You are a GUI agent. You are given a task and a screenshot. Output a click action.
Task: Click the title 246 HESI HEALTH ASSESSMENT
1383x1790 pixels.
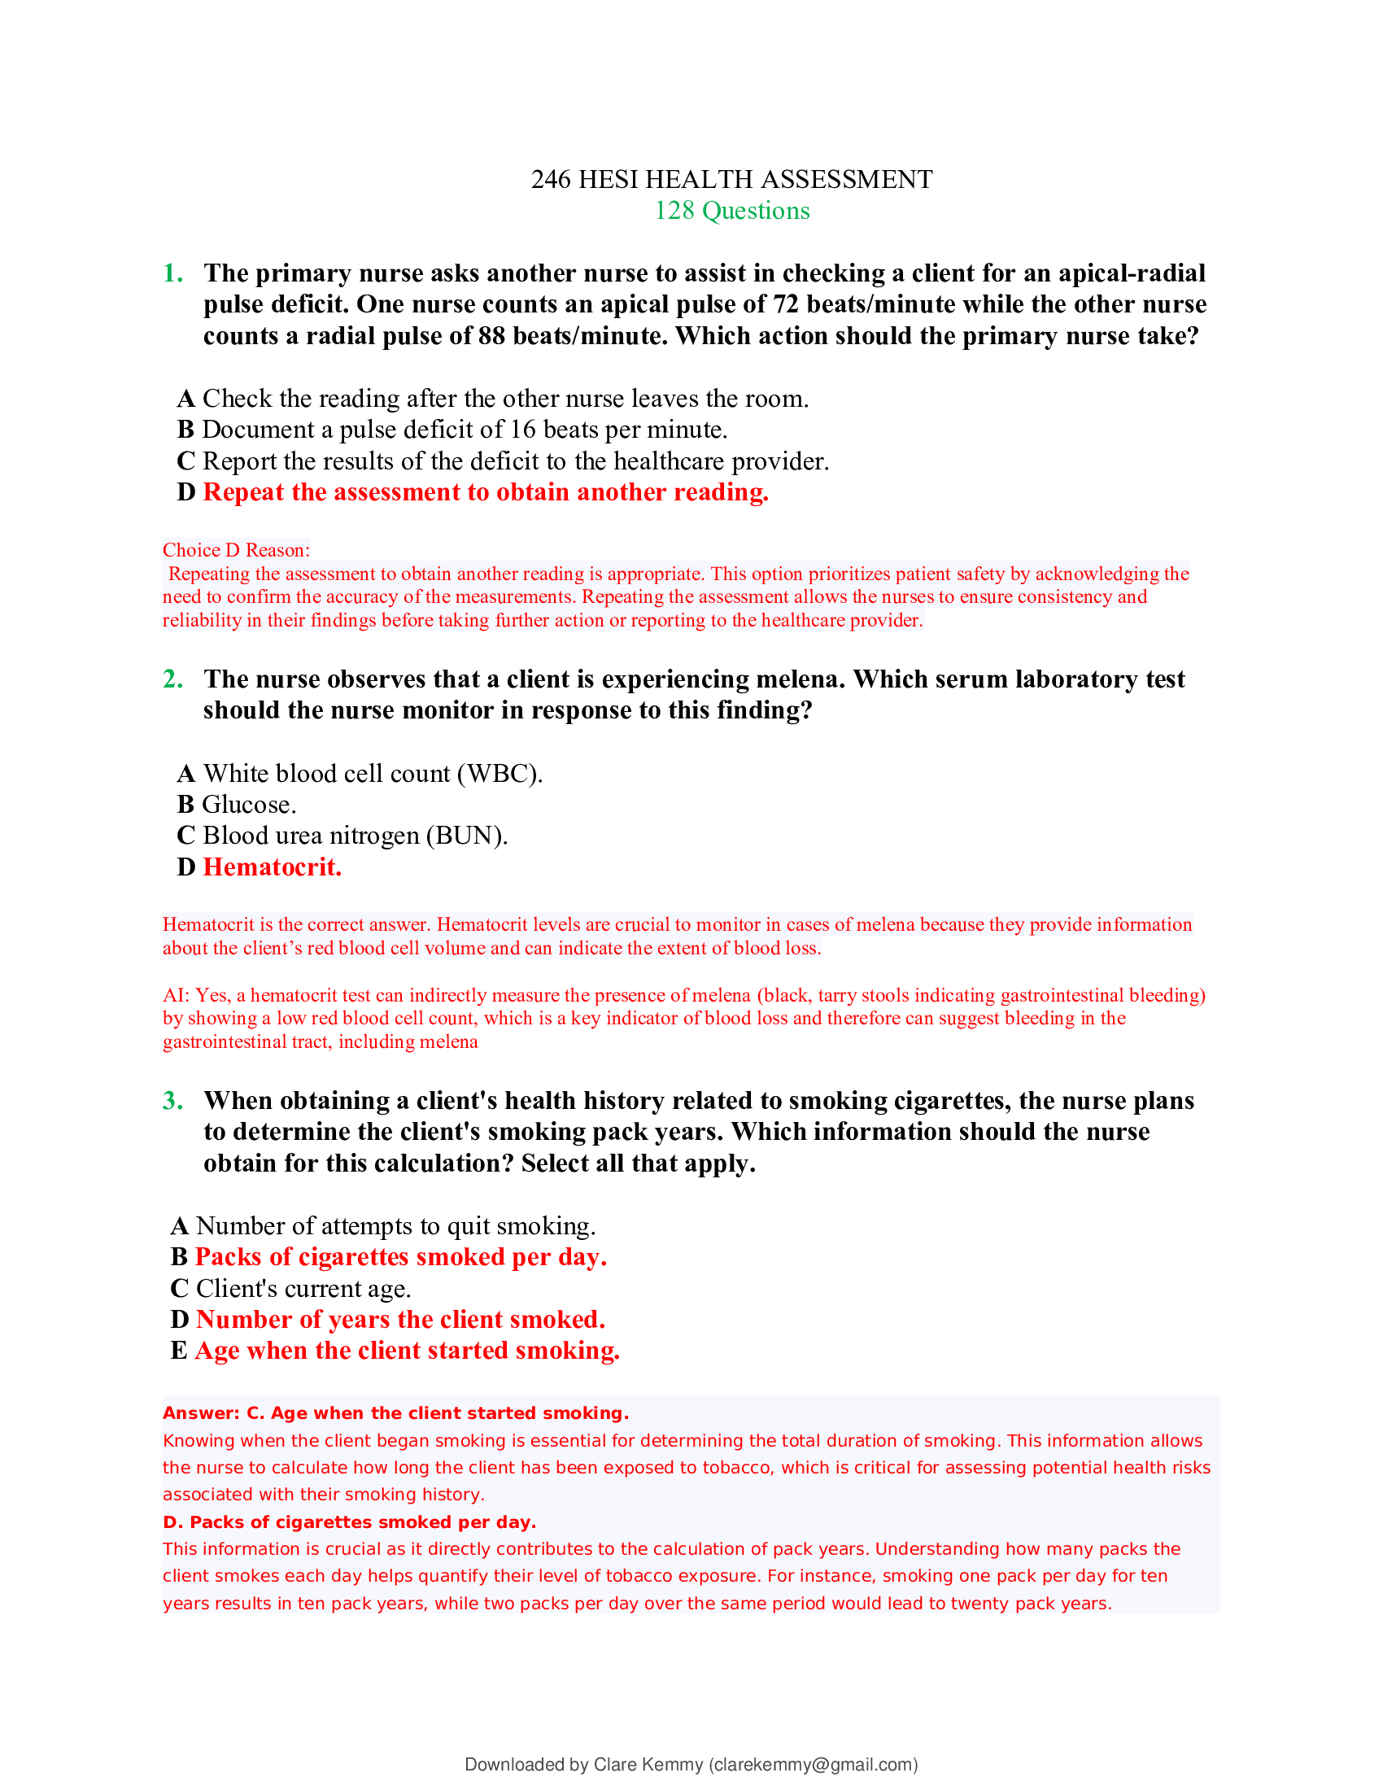click(731, 180)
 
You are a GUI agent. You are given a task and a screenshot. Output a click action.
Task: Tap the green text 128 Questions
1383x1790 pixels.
click(731, 211)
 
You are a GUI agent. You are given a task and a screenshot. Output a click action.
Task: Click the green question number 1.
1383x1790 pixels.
click(172, 273)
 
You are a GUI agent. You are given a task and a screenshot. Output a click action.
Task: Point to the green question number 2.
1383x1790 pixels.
click(172, 679)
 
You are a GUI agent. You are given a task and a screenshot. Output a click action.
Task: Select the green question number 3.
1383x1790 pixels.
click(172, 1100)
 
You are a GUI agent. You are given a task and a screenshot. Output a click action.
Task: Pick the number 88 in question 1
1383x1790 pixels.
click(491, 336)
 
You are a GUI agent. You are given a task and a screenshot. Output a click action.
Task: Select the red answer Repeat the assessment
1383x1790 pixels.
click(485, 491)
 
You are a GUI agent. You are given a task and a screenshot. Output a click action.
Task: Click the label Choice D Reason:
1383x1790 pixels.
click(236, 550)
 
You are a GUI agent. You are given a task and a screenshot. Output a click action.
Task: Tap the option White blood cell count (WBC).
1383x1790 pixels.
click(372, 773)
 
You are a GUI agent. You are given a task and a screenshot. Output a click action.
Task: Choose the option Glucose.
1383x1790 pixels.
click(249, 804)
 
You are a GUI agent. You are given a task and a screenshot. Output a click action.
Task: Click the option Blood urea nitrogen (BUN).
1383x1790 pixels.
click(355, 835)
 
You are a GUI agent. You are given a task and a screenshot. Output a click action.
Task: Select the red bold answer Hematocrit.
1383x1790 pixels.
click(272, 867)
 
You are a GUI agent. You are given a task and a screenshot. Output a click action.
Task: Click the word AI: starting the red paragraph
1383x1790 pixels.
click(177, 995)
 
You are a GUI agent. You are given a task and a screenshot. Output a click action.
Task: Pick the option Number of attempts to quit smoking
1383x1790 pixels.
click(395, 1225)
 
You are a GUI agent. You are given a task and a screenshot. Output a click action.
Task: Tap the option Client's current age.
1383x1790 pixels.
click(303, 1289)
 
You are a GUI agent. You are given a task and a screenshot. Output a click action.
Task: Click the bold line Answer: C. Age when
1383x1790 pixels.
click(395, 1413)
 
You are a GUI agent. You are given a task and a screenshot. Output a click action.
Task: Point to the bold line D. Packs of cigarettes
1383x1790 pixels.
click(349, 1522)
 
